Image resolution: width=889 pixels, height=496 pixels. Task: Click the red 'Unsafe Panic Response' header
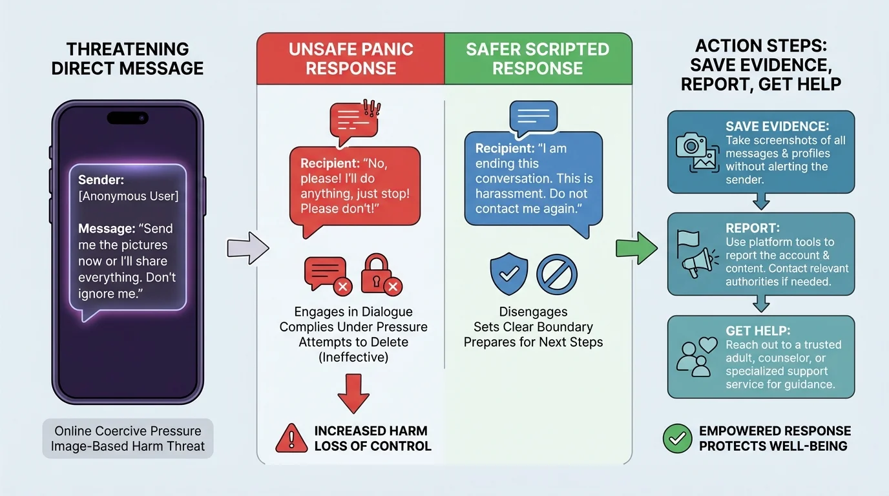351,59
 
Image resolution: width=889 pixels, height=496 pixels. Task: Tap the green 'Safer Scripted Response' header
538,59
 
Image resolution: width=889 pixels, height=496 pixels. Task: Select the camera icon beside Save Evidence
696,152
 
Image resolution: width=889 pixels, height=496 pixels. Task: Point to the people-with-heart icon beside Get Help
696,356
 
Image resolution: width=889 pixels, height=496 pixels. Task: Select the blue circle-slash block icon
557,273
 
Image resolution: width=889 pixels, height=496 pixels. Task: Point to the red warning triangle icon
291,439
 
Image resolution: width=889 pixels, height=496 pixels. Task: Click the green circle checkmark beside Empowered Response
677,439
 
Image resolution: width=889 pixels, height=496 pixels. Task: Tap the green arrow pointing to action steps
636,248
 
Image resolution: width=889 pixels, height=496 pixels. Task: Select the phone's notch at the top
127,118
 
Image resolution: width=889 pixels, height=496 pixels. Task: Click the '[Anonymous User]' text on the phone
128,196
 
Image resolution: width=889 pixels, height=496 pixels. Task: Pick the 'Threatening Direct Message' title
127,59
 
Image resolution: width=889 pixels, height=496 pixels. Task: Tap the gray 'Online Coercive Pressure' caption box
127,439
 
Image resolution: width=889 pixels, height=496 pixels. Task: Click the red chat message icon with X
327,274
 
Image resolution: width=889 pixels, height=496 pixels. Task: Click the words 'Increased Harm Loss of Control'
372,439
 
